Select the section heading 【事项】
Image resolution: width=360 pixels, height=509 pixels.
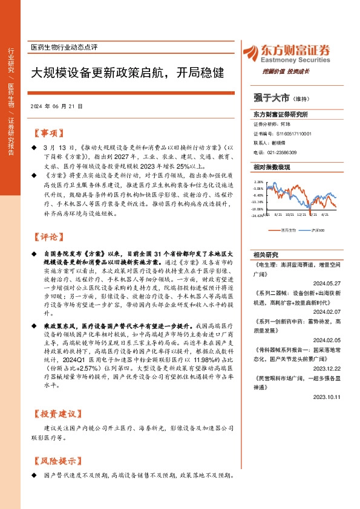click(x=48, y=132)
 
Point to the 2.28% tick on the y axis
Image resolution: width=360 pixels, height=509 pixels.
click(x=258, y=181)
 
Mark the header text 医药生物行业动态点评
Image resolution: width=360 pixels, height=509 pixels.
click(x=64, y=47)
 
